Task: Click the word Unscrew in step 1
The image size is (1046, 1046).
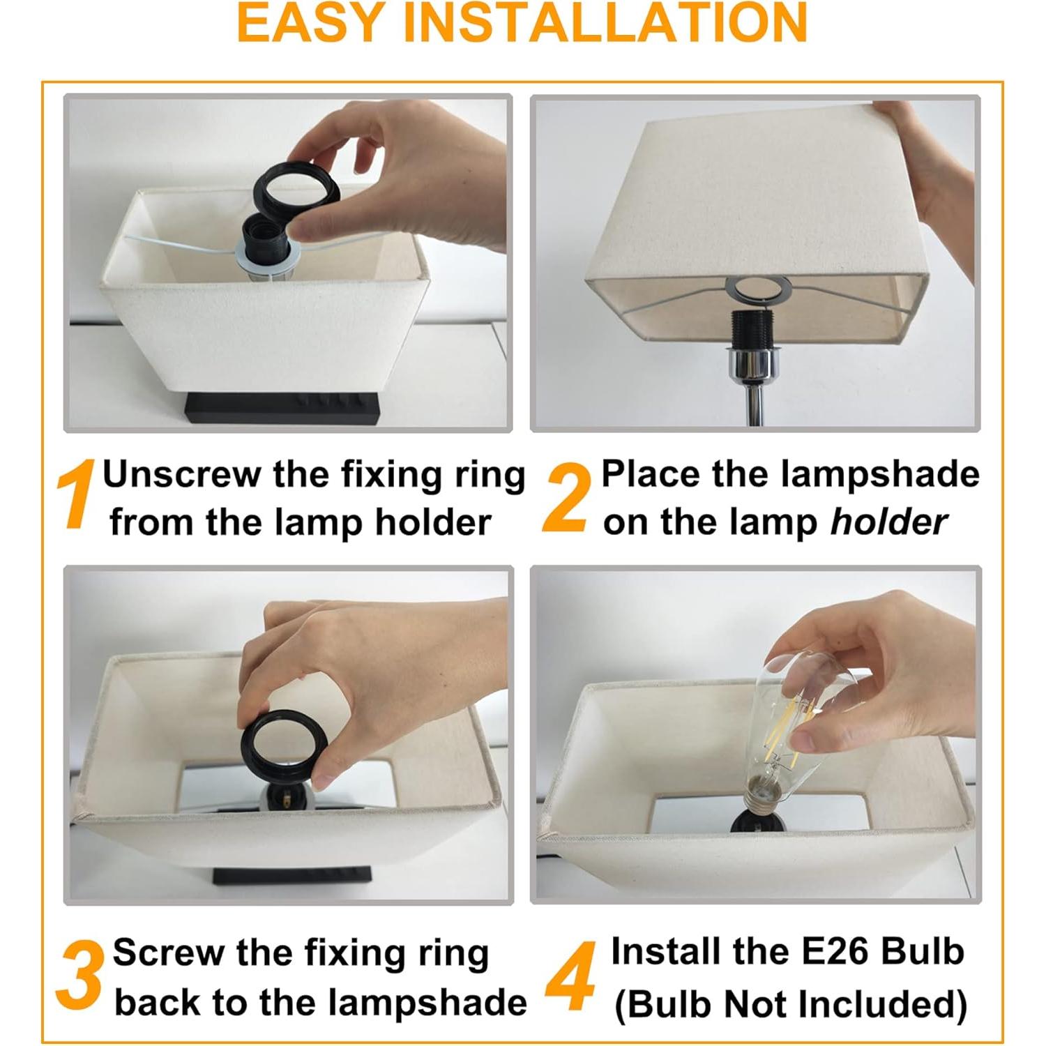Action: pyautogui.click(x=181, y=475)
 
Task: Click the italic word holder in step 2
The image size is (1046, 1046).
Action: pyautogui.click(x=888, y=522)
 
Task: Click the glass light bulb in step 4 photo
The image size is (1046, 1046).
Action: pyautogui.click(x=795, y=711)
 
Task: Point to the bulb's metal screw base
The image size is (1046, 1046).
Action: pyautogui.click(x=763, y=791)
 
